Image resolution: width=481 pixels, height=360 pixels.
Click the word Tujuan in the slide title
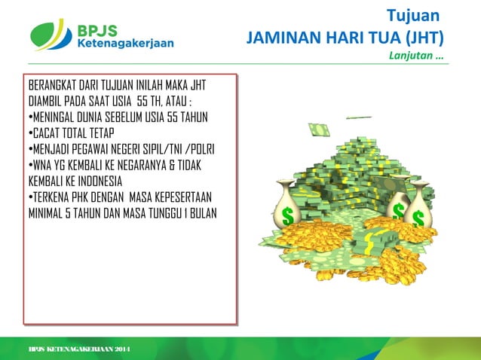(412, 15)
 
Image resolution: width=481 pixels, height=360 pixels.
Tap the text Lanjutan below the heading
(412, 56)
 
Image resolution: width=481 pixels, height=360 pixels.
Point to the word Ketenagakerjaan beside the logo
(125, 43)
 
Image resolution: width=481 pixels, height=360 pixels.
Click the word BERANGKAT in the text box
(54, 84)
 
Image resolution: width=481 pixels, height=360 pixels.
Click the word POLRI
(199, 149)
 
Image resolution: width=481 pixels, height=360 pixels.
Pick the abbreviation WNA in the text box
(43, 166)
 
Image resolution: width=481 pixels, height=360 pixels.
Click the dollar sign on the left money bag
(287, 216)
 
